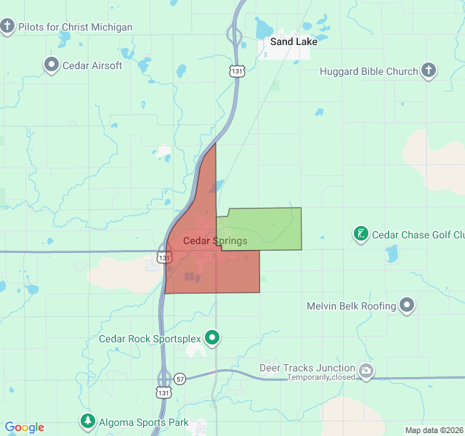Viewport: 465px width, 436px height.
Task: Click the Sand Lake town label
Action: coord(294,41)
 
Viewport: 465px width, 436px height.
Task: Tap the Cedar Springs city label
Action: coord(215,241)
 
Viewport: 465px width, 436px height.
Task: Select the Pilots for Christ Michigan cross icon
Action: coord(8,27)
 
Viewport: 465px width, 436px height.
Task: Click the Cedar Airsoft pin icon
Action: coord(52,65)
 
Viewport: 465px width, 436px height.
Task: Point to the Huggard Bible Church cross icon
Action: coord(429,70)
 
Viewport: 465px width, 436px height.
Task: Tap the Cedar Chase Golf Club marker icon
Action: coord(360,234)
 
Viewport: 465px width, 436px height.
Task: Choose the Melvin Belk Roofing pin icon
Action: coord(408,306)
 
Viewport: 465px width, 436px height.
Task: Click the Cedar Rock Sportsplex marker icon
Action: coord(212,338)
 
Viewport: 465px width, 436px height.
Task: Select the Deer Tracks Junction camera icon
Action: coord(366,371)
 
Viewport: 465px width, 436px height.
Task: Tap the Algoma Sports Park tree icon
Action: coord(88,421)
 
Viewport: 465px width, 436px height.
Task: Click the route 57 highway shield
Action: coord(179,379)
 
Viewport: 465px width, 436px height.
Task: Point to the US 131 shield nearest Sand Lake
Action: coord(235,70)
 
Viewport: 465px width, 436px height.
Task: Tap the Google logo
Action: coord(24,427)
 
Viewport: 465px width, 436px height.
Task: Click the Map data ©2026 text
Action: coord(433,430)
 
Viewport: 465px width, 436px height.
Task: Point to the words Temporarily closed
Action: coord(321,377)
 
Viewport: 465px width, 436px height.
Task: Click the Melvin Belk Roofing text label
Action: coord(351,306)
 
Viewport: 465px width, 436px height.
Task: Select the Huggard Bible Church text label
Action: coord(369,71)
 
